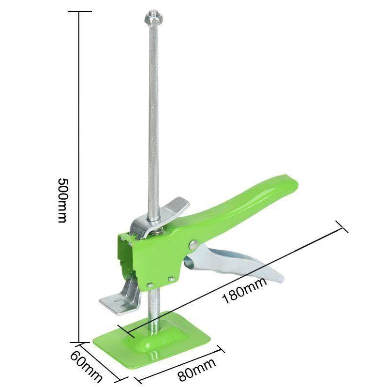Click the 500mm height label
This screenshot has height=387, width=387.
point(62,200)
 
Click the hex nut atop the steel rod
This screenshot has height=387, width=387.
point(153,19)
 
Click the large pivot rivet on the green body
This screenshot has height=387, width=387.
point(193,245)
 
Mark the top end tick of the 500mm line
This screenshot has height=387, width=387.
point(79,11)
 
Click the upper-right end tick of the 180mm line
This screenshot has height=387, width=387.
point(342,226)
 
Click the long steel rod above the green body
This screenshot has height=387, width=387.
point(153,121)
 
